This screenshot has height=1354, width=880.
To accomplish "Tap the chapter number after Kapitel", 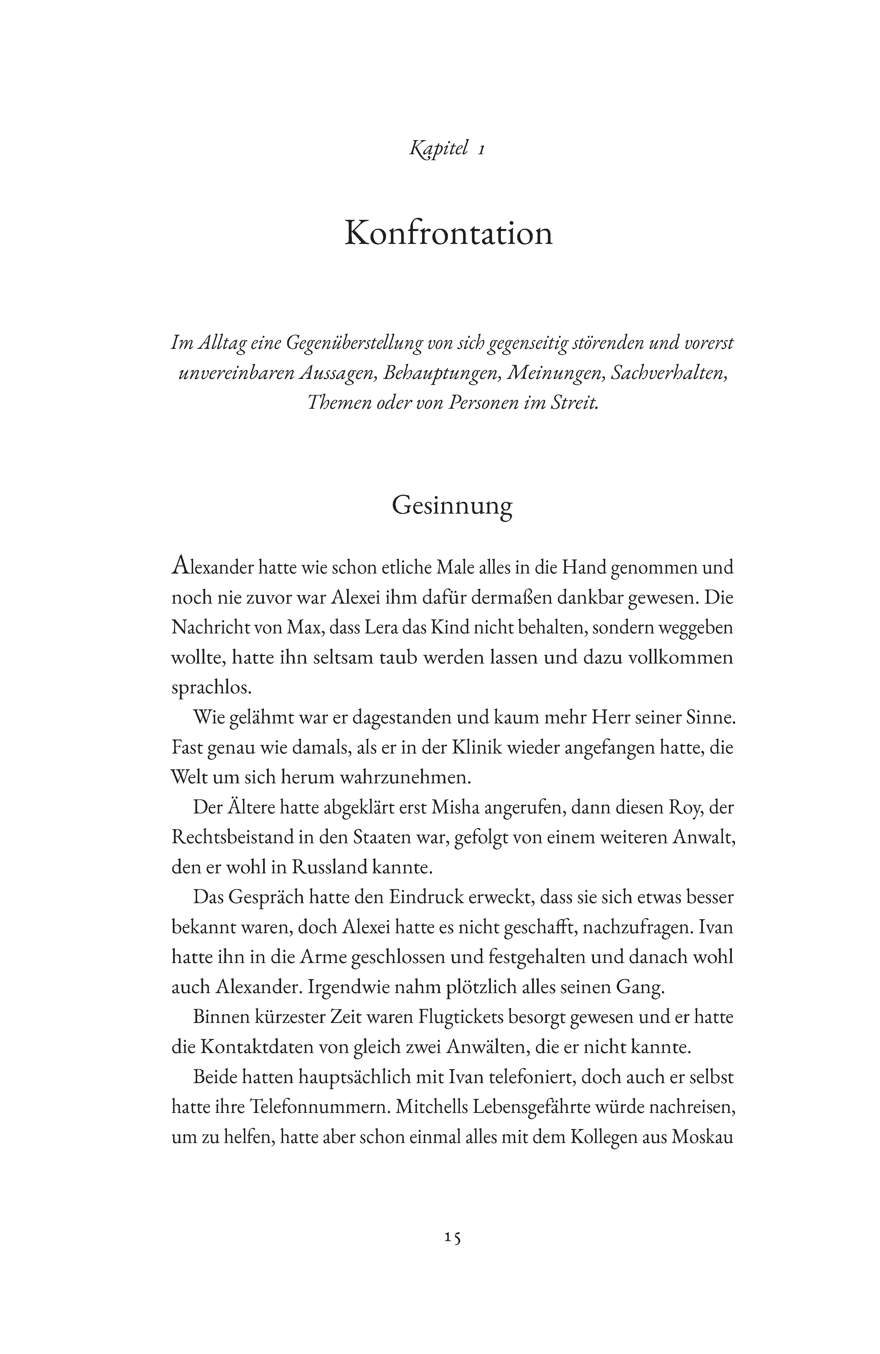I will [x=481, y=150].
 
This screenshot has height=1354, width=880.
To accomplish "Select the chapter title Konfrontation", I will [x=448, y=233].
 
